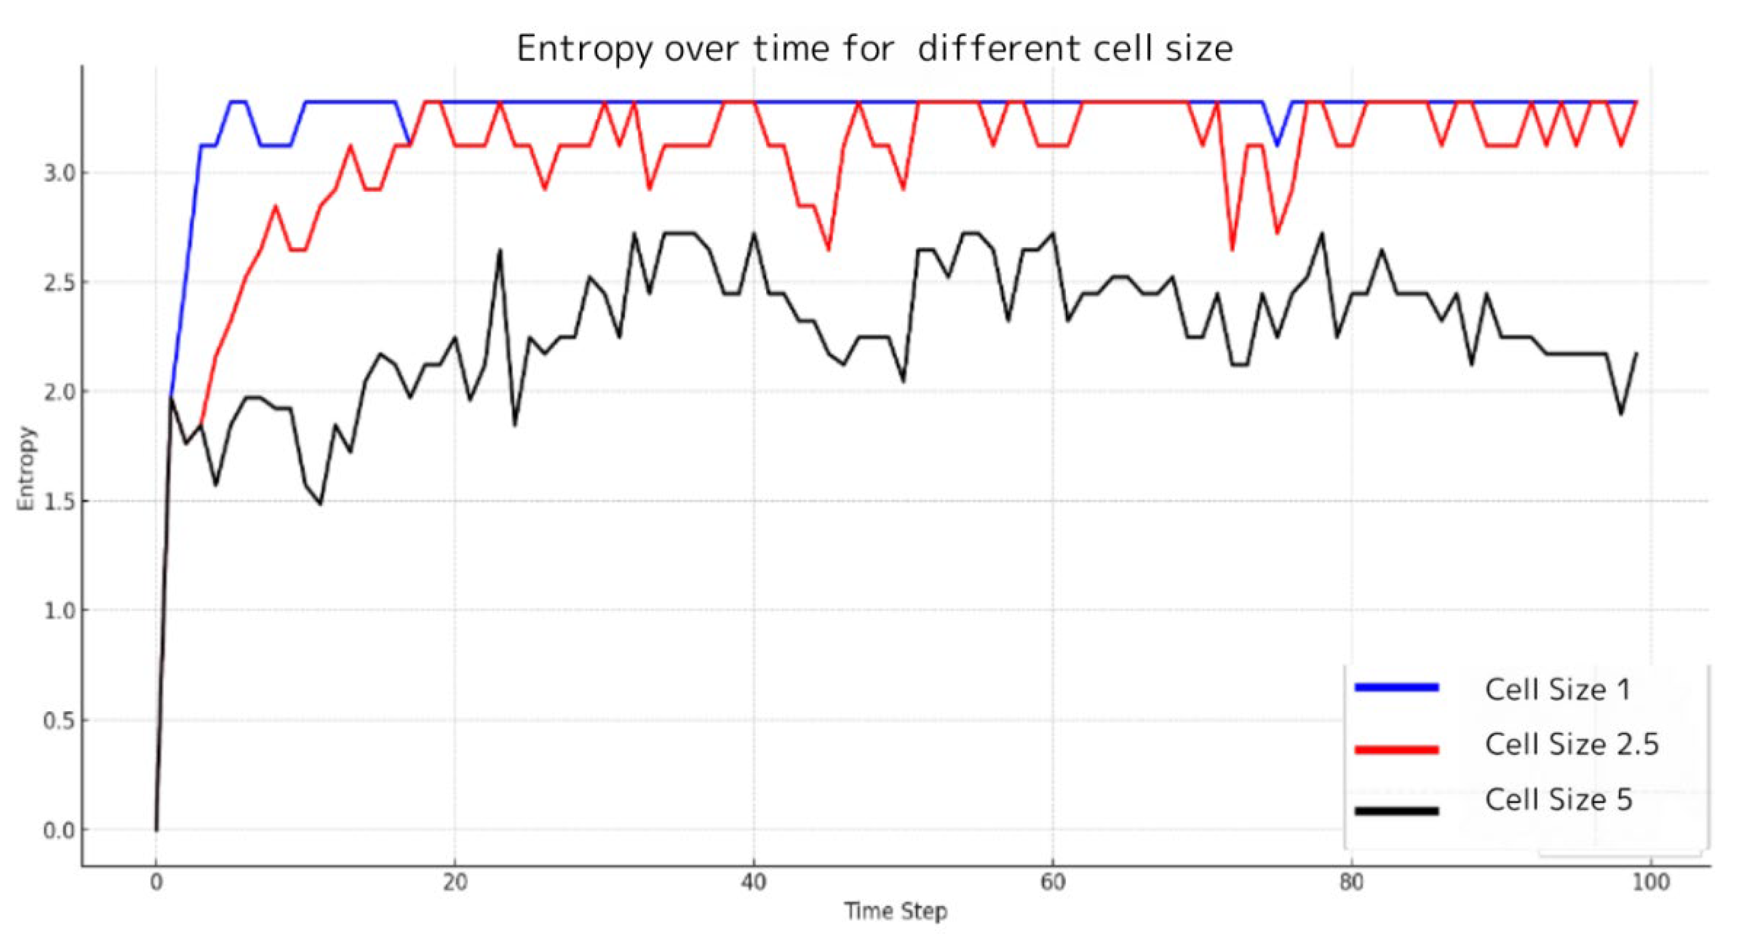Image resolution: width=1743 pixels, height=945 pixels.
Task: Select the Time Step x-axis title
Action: [895, 911]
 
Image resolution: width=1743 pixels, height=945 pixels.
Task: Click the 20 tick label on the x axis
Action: [455, 883]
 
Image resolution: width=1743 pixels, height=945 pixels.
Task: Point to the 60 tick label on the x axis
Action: [1052, 883]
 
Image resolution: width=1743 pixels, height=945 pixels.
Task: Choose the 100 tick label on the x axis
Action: [1650, 883]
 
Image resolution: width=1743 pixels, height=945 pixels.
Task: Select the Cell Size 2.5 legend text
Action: [1571, 744]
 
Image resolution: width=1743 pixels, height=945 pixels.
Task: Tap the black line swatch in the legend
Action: [1396, 810]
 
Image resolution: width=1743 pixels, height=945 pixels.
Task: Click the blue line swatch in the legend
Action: [1396, 687]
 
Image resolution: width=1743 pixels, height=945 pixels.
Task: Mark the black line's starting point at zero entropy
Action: [156, 829]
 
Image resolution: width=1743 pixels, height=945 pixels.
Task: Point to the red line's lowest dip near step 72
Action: [1232, 250]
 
